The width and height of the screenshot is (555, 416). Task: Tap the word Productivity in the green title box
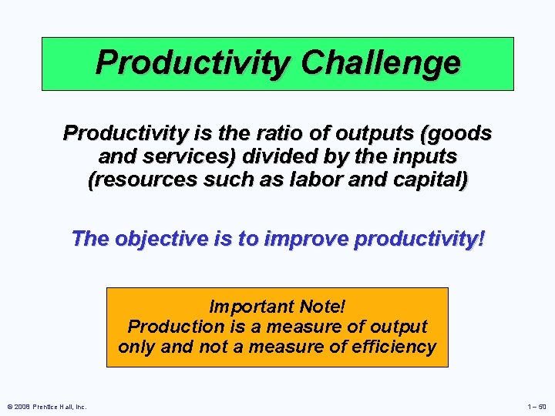click(x=193, y=63)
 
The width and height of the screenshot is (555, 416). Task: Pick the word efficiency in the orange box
click(x=393, y=347)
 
